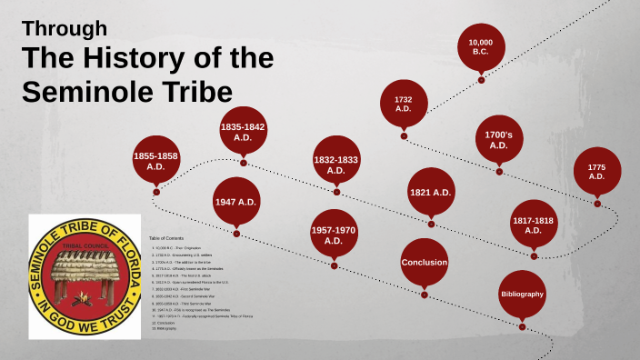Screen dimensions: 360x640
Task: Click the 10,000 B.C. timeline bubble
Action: [481, 46]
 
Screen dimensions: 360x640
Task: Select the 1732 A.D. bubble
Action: [404, 103]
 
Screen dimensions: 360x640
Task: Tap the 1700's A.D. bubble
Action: [498, 139]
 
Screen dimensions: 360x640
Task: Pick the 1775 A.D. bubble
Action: [596, 170]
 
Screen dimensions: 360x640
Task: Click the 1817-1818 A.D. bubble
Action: [534, 224]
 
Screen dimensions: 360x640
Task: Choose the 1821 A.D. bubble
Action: [430, 192]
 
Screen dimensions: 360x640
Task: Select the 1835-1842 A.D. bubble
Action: [243, 132]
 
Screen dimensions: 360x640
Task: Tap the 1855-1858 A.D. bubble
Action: [155, 161]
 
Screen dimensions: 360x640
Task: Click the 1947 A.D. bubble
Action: [236, 202]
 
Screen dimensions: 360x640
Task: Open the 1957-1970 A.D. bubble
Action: [333, 234]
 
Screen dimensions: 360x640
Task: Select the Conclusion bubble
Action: [425, 263]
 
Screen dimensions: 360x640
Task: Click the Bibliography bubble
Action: [522, 295]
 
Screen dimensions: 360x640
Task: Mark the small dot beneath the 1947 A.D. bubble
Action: [236, 234]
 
